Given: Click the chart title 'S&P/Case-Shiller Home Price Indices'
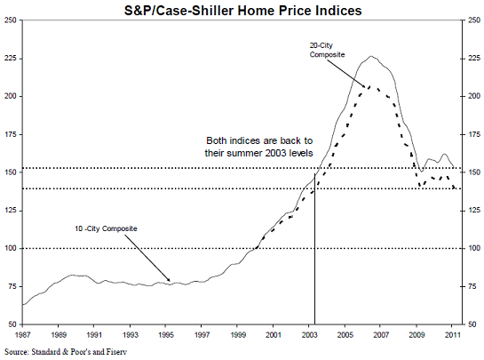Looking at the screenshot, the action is click(x=243, y=11).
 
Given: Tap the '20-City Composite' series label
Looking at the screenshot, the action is click(x=327, y=50).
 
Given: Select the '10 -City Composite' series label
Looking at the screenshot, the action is click(x=106, y=228).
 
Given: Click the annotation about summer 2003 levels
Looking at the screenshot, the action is click(x=259, y=147).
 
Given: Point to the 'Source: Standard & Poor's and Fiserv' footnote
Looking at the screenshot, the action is click(x=66, y=352).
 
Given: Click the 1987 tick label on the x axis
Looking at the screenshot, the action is click(x=22, y=334).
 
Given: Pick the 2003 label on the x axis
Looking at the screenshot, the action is click(x=309, y=334).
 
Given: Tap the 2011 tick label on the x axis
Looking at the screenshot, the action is click(x=453, y=334).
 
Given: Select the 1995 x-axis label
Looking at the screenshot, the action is click(x=166, y=334).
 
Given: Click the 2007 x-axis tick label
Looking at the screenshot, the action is click(x=381, y=334).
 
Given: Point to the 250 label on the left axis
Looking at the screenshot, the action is click(x=10, y=20).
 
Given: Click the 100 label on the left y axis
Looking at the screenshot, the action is click(x=10, y=249).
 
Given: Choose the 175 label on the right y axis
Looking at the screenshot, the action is click(x=474, y=135).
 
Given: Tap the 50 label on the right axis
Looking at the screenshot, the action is click(x=472, y=324).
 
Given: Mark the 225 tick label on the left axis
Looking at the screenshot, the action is click(x=10, y=59).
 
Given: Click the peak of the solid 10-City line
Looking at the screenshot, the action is click(x=371, y=56).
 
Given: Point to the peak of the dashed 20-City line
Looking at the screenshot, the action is click(x=369, y=86).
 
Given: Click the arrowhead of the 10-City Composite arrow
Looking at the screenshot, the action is click(x=169, y=280).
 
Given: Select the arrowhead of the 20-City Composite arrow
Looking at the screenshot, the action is click(x=365, y=87).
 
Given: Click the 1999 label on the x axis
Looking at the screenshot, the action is click(x=238, y=334).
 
